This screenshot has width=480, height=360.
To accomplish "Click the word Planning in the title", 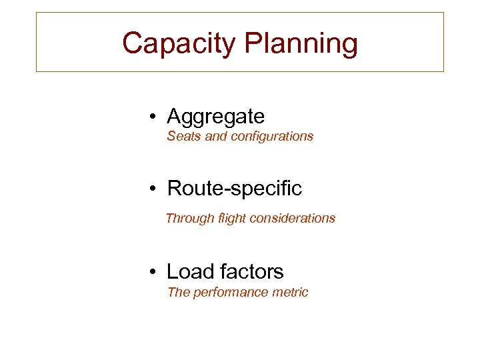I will click(301, 44).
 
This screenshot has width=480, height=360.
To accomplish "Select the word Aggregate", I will click(215, 117).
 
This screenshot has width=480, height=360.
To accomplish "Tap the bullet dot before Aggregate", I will click(153, 117).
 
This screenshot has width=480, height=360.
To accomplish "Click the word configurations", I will click(271, 136).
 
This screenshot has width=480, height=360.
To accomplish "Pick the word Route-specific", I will click(235, 189).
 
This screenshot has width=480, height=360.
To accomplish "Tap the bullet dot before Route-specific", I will click(153, 189).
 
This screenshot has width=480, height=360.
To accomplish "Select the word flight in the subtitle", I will click(230, 218).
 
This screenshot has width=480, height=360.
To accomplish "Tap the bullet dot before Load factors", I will click(153, 272).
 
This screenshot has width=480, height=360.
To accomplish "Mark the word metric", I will click(290, 292).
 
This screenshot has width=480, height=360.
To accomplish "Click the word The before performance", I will click(179, 292).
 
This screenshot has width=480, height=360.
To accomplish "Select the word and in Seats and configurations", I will click(215, 136).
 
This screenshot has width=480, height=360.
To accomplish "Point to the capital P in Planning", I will click(255, 44).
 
